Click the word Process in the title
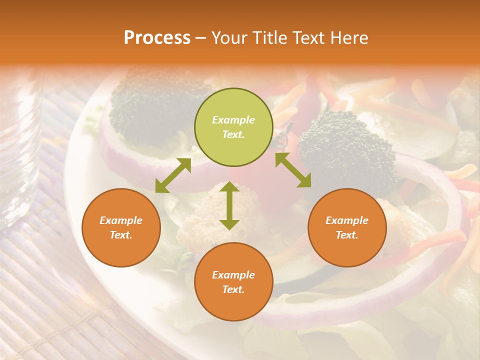(x=157, y=38)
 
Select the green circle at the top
(x=233, y=127)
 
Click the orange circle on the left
(x=121, y=228)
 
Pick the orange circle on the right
(x=347, y=228)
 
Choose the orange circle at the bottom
(x=233, y=282)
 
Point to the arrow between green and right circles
(x=293, y=170)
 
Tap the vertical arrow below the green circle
(x=229, y=205)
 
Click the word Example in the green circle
(x=233, y=120)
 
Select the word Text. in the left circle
(x=121, y=235)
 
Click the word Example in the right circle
(x=347, y=220)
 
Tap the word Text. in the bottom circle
(x=233, y=289)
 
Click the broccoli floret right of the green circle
(x=345, y=150)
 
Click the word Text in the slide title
(x=307, y=38)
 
